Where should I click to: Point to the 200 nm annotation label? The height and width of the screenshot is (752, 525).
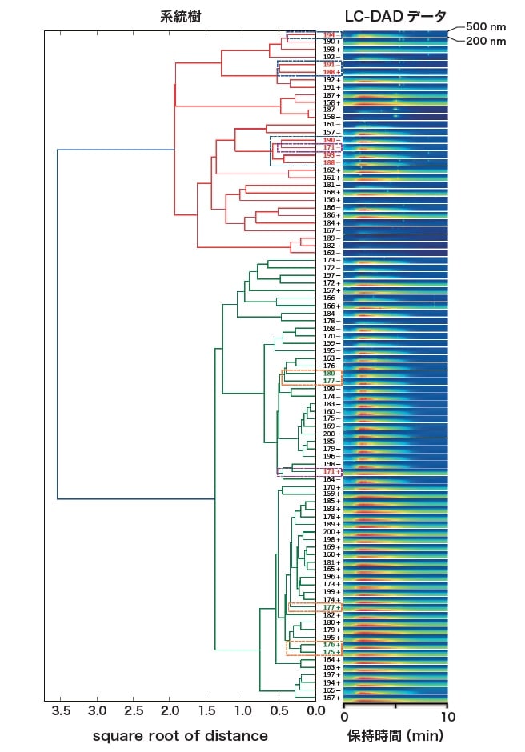[x=486, y=40]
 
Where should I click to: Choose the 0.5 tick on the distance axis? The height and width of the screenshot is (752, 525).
[x=279, y=711]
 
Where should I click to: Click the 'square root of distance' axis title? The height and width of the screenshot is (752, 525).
[x=180, y=735]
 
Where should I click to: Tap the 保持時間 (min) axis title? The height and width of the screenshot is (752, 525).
[x=395, y=735]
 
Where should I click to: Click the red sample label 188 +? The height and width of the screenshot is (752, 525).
[x=330, y=72]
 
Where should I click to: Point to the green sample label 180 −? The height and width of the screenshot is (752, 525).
[x=330, y=374]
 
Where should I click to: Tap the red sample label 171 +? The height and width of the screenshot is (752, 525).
[x=330, y=471]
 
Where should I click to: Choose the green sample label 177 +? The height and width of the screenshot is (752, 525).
[x=330, y=607]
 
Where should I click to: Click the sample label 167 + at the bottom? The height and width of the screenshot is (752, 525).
[x=330, y=698]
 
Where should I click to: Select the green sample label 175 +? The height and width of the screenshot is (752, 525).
[x=330, y=652]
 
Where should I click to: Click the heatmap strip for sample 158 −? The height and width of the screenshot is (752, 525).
[x=395, y=117]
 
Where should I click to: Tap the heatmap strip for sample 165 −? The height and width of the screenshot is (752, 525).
[x=395, y=690]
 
